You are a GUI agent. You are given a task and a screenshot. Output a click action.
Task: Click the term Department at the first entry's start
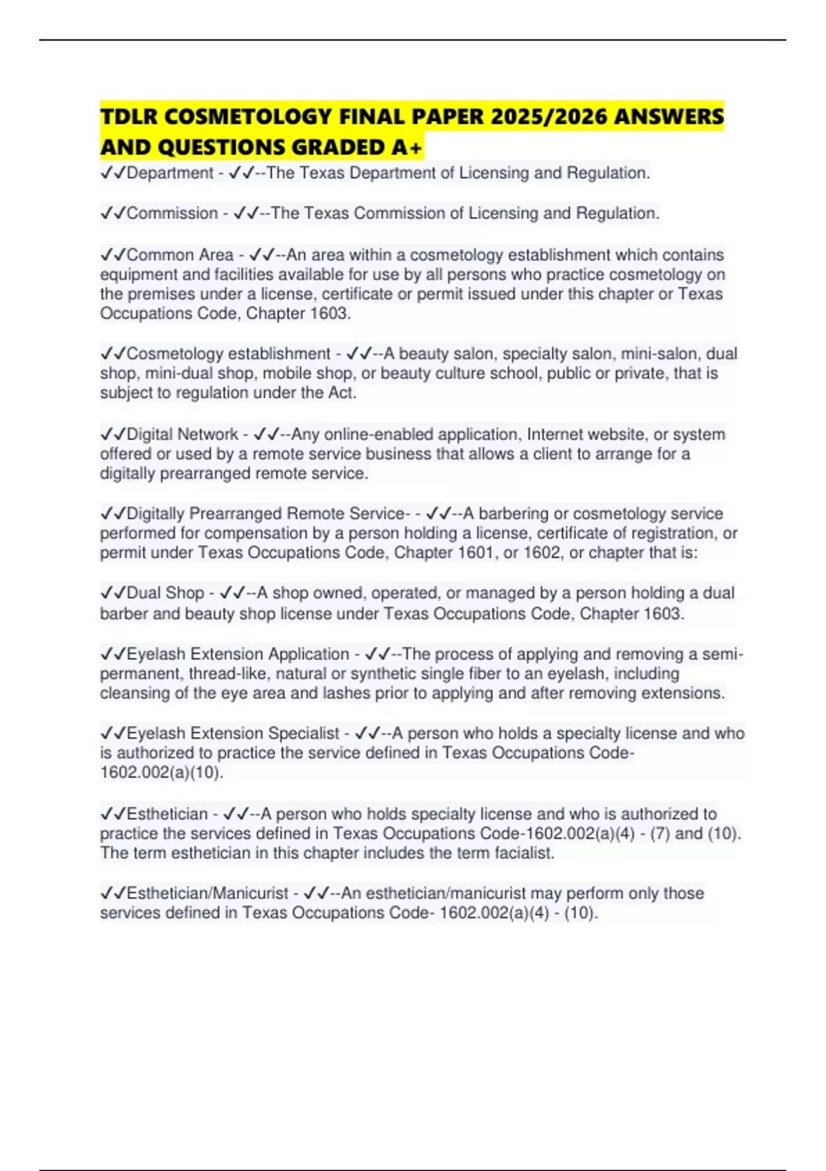[170, 173]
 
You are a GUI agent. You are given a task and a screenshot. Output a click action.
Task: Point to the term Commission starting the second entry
[172, 214]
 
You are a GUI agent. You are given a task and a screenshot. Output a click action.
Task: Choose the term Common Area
[180, 255]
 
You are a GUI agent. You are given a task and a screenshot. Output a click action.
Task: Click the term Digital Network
[182, 435]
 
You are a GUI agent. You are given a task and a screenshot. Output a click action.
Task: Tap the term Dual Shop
[165, 593]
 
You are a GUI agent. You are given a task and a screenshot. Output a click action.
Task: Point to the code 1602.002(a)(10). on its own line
[162, 773]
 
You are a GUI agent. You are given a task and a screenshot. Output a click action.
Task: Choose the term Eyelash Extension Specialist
[233, 734]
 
